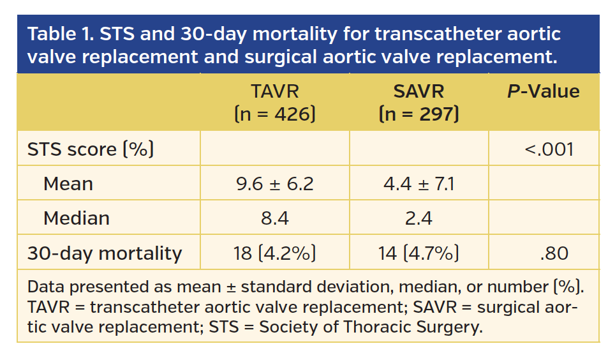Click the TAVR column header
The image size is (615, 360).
pos(274,91)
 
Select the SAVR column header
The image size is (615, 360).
pos(419,91)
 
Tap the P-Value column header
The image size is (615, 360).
pos(543,91)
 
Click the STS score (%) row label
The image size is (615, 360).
pos(91,149)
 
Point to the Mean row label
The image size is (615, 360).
pos(68,184)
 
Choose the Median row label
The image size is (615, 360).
pos(77,218)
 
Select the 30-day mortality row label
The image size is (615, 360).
pos(104,253)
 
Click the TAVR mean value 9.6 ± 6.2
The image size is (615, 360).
pos(274,184)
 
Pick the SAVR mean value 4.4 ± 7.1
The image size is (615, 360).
pos(419,184)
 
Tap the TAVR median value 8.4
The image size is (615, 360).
pos(274,218)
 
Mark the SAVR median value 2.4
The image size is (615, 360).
pos(419,218)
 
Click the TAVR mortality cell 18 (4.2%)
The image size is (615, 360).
pos(274,253)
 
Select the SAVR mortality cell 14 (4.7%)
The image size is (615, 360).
pos(419,253)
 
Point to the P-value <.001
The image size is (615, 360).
pos(549,149)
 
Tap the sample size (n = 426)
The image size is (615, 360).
pos(274,114)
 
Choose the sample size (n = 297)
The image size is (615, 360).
pos(419,114)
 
